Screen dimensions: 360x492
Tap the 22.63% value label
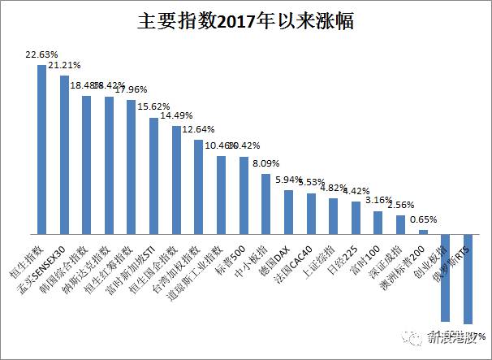click(41, 54)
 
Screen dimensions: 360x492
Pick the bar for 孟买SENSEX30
click(64, 155)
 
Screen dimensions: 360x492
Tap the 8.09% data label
click(265, 163)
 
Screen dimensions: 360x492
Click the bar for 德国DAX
click(288, 212)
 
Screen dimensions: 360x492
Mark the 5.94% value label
click(288, 180)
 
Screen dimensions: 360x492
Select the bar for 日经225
click(356, 218)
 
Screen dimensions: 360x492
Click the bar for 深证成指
click(400, 225)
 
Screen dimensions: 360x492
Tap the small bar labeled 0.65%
click(423, 232)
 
